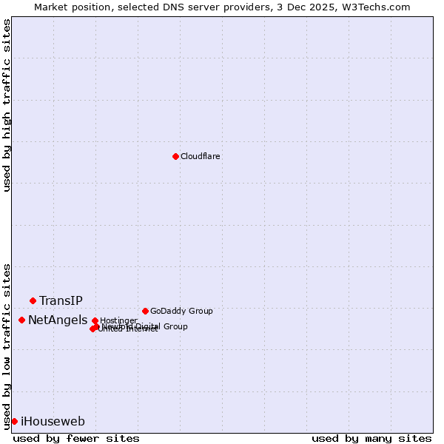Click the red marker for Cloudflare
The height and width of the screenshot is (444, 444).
[175, 156]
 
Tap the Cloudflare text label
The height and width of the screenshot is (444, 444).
[201, 156]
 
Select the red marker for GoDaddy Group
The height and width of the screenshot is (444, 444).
[145, 311]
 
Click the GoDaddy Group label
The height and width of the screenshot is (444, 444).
[181, 311]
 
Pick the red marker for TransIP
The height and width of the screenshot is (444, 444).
[33, 300]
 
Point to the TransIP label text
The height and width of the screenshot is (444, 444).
[61, 300]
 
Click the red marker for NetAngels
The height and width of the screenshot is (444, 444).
[22, 320]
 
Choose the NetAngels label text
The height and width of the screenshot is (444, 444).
[58, 320]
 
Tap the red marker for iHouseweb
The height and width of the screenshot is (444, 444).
[14, 421]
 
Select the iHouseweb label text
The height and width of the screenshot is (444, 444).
[53, 422]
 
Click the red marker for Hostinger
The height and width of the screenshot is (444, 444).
[95, 320]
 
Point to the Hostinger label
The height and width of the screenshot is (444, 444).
[119, 320]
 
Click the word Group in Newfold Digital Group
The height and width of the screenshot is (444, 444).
[175, 326]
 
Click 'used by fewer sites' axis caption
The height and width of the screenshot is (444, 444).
[76, 438]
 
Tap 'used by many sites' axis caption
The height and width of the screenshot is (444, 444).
[371, 438]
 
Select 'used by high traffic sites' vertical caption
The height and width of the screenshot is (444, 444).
[7, 105]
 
